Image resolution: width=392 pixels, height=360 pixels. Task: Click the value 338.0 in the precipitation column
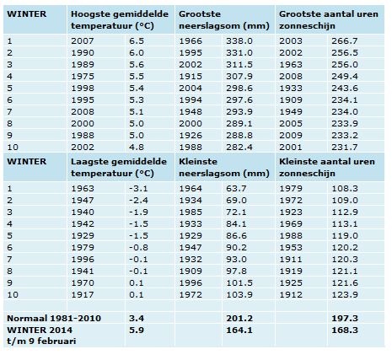tap(239, 41)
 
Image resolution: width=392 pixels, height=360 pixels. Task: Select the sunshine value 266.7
tap(345, 41)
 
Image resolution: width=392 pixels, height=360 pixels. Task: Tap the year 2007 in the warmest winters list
tap(83, 41)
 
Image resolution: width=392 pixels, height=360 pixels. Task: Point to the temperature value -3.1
tap(138, 189)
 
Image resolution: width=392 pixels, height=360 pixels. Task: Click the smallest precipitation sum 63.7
tap(236, 189)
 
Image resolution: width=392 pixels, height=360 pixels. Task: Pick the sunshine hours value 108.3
tap(345, 189)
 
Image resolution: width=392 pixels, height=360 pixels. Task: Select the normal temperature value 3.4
tap(137, 319)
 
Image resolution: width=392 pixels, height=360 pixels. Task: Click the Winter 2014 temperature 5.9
tap(137, 330)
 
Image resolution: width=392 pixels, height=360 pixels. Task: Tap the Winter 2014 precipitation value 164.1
tap(239, 330)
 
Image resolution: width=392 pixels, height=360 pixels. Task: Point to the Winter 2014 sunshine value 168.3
tap(345, 330)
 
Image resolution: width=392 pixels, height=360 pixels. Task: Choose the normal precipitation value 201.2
tap(239, 319)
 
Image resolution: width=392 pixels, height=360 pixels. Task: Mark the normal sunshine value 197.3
tap(345, 319)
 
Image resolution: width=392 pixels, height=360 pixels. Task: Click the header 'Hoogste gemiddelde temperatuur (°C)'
tap(120, 20)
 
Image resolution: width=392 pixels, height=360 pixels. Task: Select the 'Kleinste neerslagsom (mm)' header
tap(224, 168)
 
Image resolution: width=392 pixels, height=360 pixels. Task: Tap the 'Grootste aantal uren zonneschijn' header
tap(329, 20)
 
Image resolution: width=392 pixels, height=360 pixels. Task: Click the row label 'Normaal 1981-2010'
tap(54, 319)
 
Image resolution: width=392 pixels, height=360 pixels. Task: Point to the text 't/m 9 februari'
tap(41, 341)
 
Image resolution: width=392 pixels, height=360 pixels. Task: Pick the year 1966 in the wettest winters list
tap(191, 41)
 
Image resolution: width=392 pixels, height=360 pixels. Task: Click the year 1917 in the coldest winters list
tap(83, 295)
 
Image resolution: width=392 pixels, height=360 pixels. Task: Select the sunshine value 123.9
tap(345, 295)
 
